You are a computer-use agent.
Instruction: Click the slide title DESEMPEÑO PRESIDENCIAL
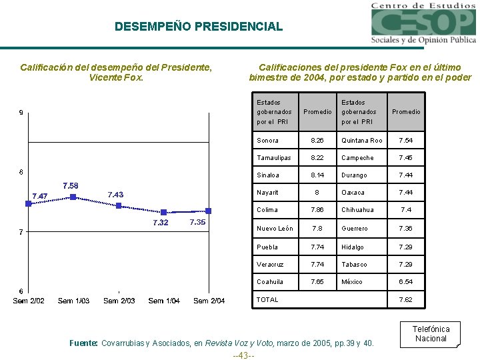point(198,27)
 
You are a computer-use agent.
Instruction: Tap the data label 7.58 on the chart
point(70,185)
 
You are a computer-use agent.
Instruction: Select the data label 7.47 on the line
point(40,196)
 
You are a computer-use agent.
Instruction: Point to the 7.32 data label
point(160,223)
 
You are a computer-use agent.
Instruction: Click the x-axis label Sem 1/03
point(73,301)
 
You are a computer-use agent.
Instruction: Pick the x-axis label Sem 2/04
point(209,301)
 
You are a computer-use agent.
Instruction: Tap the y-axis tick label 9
point(21,113)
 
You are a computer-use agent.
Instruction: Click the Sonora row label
point(267,141)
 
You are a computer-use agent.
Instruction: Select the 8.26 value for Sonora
point(317,141)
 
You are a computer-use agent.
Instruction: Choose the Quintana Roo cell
point(361,141)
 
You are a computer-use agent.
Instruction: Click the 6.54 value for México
point(406,282)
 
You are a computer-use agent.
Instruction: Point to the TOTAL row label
point(268,300)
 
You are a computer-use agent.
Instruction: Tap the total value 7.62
point(406,300)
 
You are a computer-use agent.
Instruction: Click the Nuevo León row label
point(275,229)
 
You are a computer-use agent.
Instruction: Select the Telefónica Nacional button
point(431,334)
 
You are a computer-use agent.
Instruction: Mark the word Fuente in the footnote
point(83,343)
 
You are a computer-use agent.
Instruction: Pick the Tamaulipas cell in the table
point(273,158)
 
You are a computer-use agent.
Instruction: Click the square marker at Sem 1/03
point(73,197)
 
